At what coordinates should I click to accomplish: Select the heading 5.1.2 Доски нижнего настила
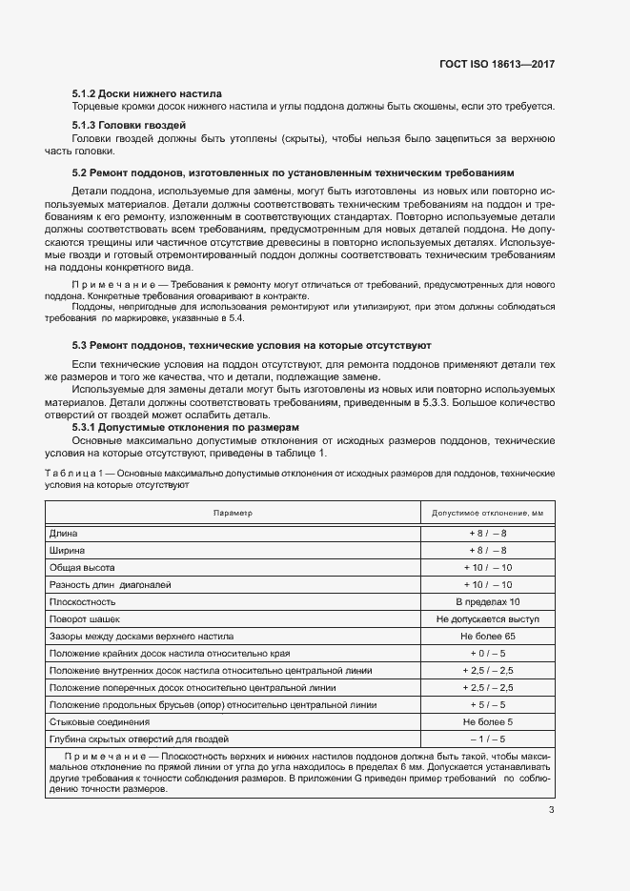pos(147,94)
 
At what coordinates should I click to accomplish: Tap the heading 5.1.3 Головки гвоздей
pos(129,126)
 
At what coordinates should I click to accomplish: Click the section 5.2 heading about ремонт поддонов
pos(294,173)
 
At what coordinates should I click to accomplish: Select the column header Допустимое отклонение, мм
pos(487,513)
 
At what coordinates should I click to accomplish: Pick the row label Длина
pos(64,534)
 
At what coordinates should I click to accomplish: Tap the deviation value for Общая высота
pos(487,567)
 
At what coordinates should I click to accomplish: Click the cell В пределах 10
pos(487,601)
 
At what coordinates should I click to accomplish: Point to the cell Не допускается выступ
pos(487,618)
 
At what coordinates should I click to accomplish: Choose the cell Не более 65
pos(487,636)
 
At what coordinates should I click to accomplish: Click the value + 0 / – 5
pos(487,653)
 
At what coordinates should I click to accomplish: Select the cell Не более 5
pos(487,721)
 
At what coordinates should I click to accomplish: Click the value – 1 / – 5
pos(487,739)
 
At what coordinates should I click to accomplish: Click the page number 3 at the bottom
pos(551,811)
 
